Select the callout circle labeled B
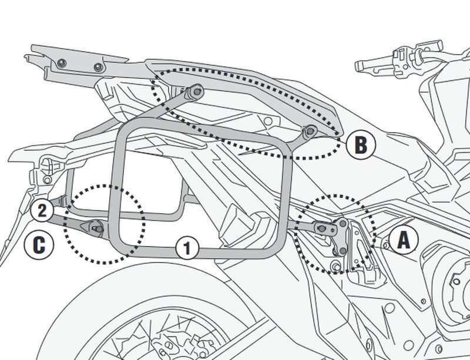tap(360, 143)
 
